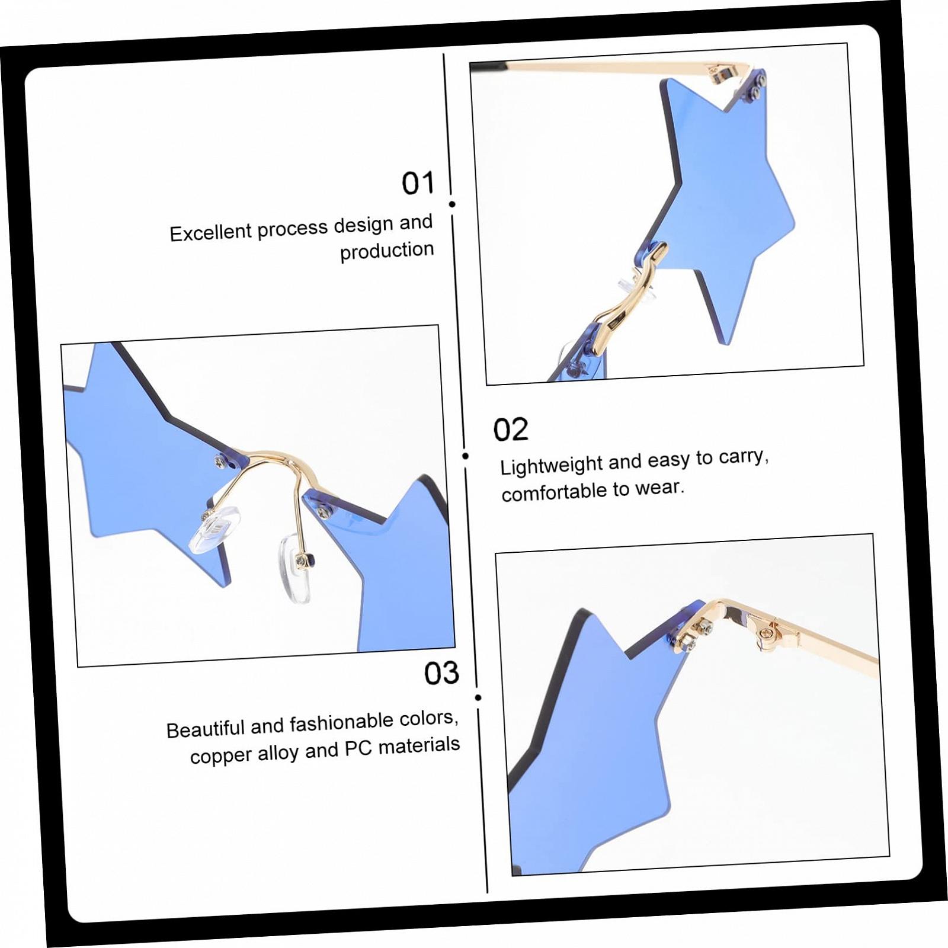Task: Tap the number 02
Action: click(x=510, y=429)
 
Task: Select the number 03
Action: click(x=441, y=673)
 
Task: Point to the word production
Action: click(x=387, y=251)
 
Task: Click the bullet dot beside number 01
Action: click(x=452, y=204)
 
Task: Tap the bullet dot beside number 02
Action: click(x=465, y=456)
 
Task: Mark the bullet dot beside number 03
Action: click(x=478, y=697)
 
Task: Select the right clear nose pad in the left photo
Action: click(x=295, y=568)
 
